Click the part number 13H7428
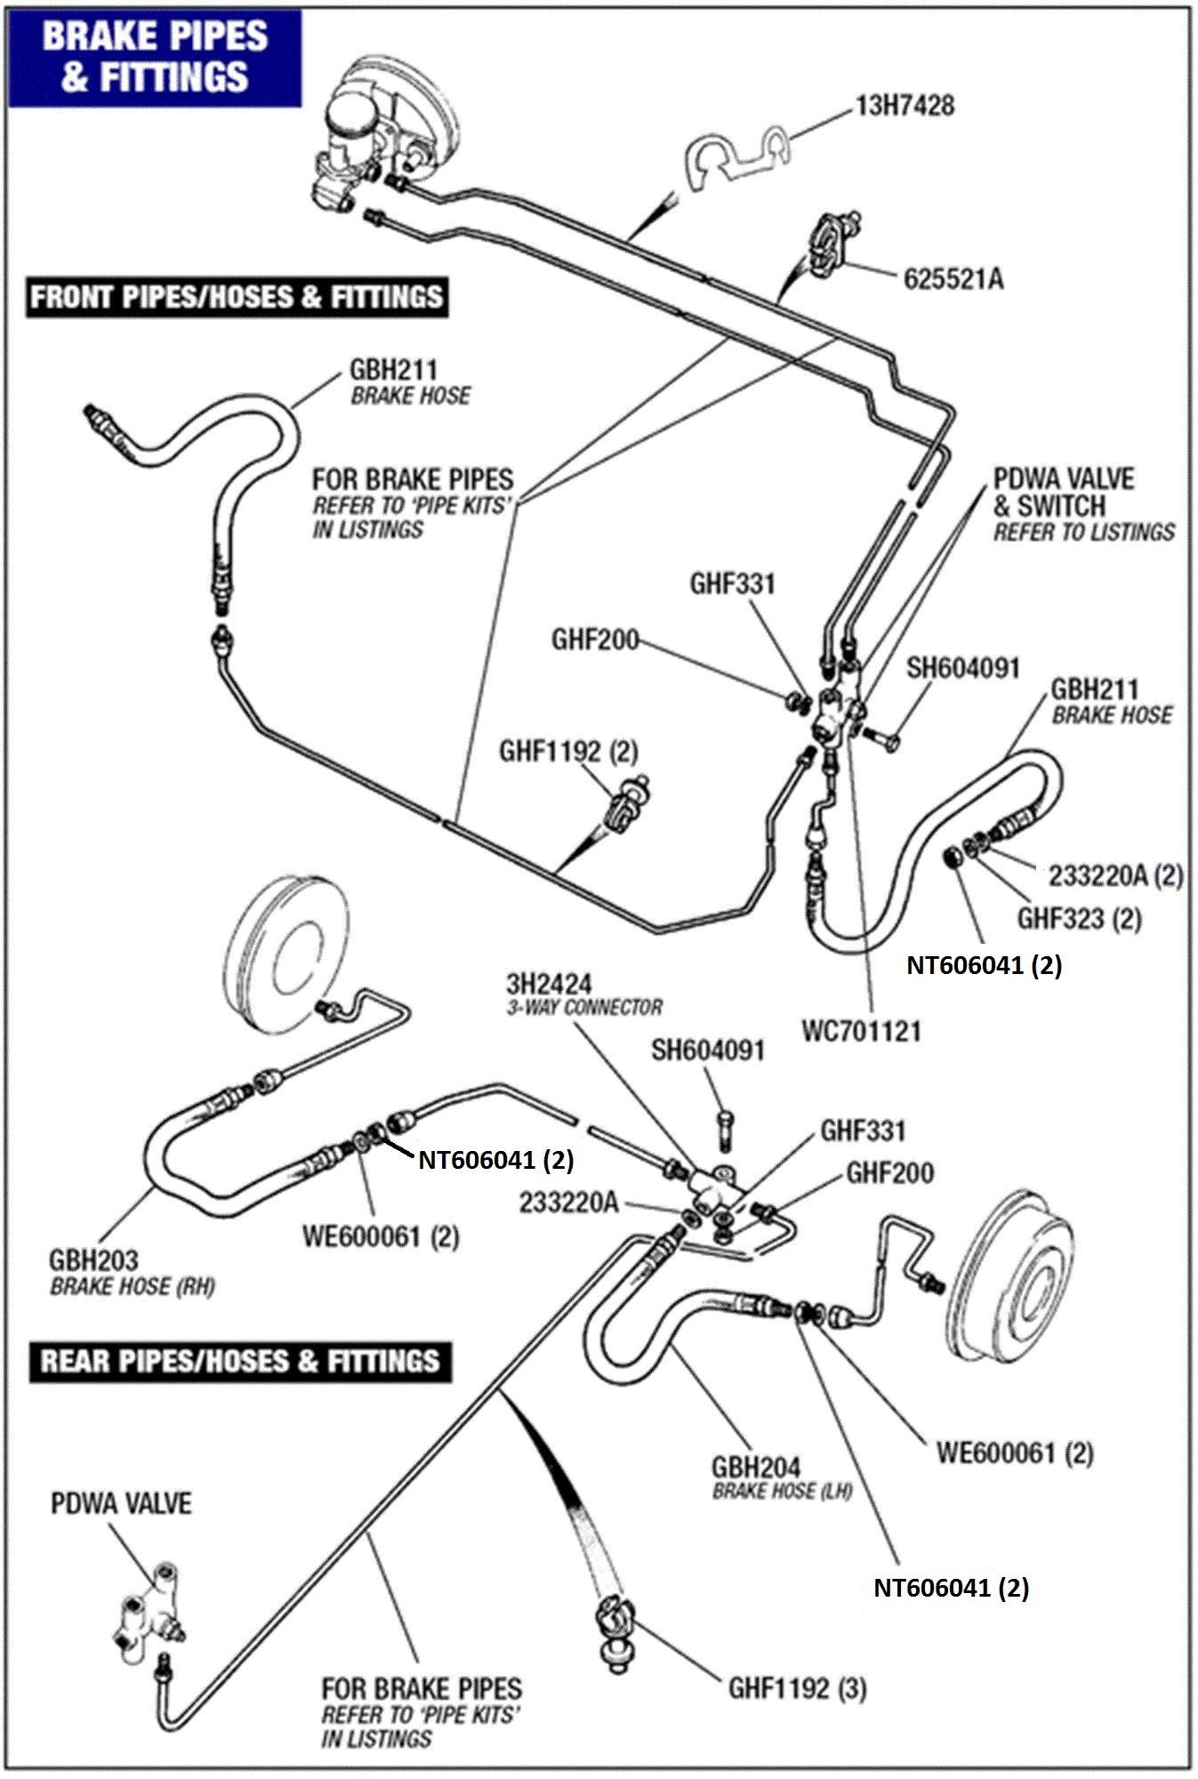tap(905, 106)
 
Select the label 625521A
tap(953, 279)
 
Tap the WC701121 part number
tap(861, 1032)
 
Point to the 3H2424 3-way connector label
tap(584, 994)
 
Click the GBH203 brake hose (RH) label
tap(132, 1272)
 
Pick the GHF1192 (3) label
tap(797, 1688)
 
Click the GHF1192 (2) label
tap(568, 752)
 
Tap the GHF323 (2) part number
tap(1080, 918)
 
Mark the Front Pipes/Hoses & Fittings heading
tap(236, 296)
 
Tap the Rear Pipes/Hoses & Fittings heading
tap(239, 1361)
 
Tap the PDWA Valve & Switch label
tap(1083, 505)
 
